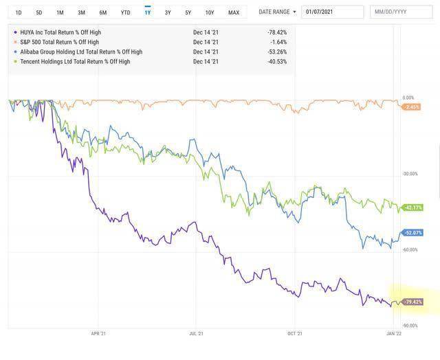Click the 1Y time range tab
coord(148,12)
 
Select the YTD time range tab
coord(125,12)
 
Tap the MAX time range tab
coord(234,12)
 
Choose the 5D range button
coord(39,12)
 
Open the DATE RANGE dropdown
coord(277,12)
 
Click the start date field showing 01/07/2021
coord(333,12)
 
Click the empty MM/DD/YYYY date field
coord(401,12)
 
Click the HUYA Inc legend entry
coord(60,32)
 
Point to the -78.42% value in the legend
coord(277,32)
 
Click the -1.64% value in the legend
coord(278,42)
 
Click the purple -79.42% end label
coord(412,302)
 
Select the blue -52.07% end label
coord(412,233)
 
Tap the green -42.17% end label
coord(412,207)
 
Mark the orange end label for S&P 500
coord(411,106)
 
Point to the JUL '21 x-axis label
coord(196,333)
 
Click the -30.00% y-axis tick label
coord(410,174)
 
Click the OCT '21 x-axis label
coord(295,333)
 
